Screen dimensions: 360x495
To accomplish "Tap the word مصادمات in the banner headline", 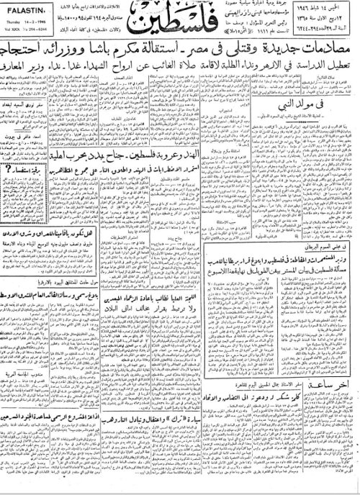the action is (308, 68).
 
